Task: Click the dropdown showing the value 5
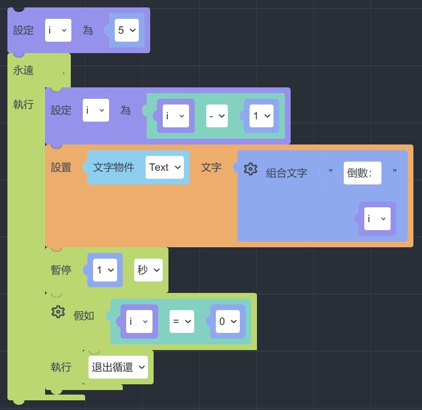(127, 30)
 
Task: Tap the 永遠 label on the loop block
(23, 70)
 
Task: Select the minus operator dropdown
(217, 116)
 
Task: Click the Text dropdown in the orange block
(164, 167)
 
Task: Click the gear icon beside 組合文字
(250, 169)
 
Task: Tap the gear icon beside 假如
(58, 312)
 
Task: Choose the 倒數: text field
(362, 173)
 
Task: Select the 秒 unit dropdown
(148, 270)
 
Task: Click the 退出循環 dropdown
(118, 367)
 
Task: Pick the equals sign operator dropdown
(182, 321)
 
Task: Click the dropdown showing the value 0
(228, 321)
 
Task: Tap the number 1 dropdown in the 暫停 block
(105, 270)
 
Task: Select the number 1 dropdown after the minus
(262, 116)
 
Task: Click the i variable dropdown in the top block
(58, 30)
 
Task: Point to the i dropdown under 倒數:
(377, 219)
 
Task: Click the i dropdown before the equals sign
(139, 321)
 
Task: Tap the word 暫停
(61, 270)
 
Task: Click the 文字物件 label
(114, 167)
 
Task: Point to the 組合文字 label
(287, 173)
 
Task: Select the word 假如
(84, 316)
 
